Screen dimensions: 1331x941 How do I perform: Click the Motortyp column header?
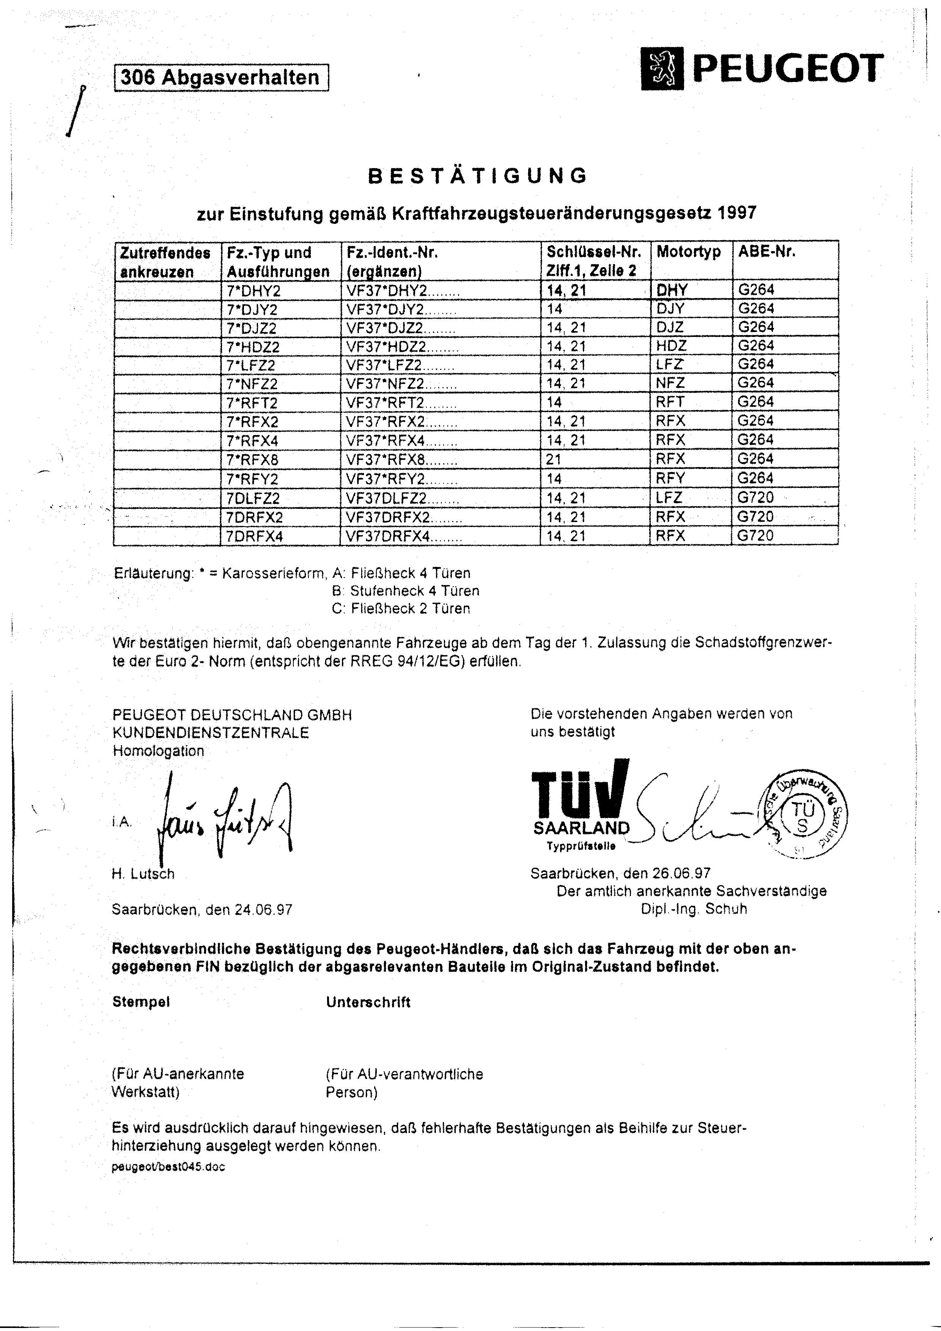point(688,252)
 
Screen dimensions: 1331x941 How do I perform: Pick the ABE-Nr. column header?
point(766,252)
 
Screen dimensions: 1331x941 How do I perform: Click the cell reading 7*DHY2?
point(253,290)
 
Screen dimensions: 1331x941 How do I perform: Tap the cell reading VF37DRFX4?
point(404,536)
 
